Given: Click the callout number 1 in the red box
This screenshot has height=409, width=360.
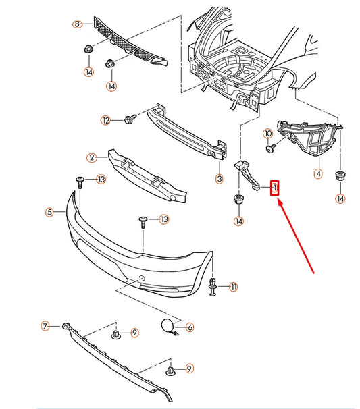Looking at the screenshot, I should tap(275, 188).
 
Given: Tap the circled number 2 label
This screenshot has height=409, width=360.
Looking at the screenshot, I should tap(91, 158).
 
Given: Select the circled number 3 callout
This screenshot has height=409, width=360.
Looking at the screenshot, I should tap(219, 179).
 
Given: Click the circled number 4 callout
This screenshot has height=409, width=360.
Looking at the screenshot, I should tap(317, 173).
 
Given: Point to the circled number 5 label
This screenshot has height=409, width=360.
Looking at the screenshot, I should tap(49, 212).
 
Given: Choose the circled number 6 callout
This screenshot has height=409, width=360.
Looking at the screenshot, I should tap(190, 327).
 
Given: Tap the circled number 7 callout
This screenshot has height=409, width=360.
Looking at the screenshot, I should tap(46, 327).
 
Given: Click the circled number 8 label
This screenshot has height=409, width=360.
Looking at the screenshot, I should tap(78, 24).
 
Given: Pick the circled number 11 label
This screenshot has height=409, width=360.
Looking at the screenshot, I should tap(234, 287).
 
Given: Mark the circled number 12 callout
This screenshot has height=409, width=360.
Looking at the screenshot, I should tap(105, 120).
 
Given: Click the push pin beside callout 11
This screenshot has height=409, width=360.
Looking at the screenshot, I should tap(214, 285).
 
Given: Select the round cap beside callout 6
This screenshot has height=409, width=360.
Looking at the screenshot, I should tap(166, 326).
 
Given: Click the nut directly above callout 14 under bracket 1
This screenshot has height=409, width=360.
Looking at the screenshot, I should tap(238, 199).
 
